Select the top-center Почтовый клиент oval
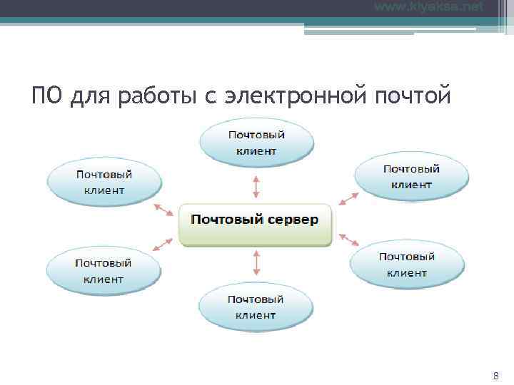pos(256,143)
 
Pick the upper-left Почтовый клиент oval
pos(104,183)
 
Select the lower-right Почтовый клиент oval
pos(407,265)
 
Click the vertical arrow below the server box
pos(256,262)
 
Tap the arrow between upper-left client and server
pos(163,209)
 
